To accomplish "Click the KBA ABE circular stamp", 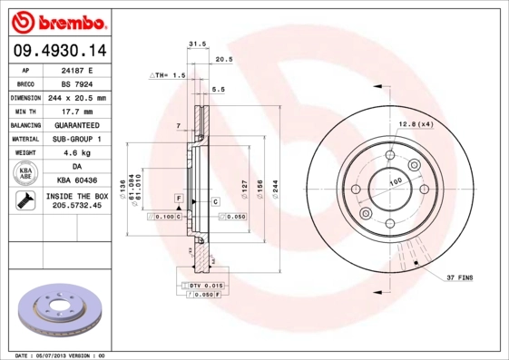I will coord(26,173).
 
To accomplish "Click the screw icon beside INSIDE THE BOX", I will coord(24,201).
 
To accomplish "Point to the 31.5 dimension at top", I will coord(192,43).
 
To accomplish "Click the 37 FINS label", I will coord(459,277).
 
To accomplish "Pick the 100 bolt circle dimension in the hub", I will coord(396,181).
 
